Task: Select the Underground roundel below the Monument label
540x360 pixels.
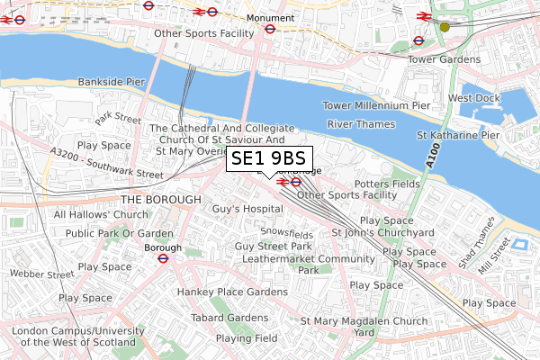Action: [269, 29]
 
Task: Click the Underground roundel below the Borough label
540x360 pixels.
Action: [163, 257]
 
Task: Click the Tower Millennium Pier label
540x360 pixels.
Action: [376, 105]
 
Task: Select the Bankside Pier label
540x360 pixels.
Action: [111, 82]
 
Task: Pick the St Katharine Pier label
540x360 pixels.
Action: [457, 135]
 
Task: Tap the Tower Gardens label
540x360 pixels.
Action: [439, 59]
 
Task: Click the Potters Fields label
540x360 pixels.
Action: [387, 184]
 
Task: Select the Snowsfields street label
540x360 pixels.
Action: [288, 234]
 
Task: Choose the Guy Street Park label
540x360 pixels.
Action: [273, 247]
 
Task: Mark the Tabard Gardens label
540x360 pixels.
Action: [229, 317]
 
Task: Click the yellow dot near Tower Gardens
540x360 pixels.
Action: [444, 27]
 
